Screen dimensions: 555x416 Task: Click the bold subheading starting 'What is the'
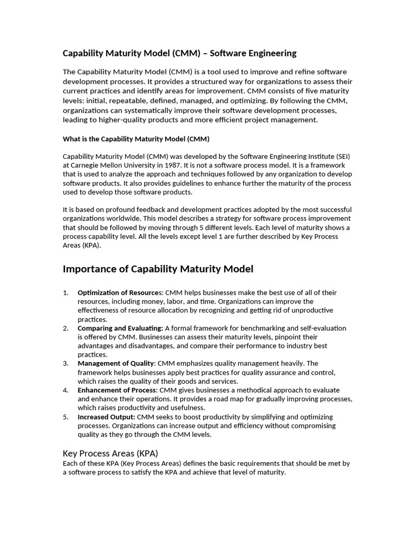coord(136,139)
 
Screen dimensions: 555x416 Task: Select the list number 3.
coord(66,363)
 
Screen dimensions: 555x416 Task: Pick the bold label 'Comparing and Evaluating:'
coord(120,328)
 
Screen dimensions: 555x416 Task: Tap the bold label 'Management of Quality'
coord(116,363)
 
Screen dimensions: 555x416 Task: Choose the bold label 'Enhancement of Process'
coord(117,390)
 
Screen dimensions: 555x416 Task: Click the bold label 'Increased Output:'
coord(106,417)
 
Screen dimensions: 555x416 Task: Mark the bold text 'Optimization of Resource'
coord(119,293)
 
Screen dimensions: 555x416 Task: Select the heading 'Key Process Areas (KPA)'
coord(110,453)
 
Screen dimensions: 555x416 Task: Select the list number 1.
coord(66,293)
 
